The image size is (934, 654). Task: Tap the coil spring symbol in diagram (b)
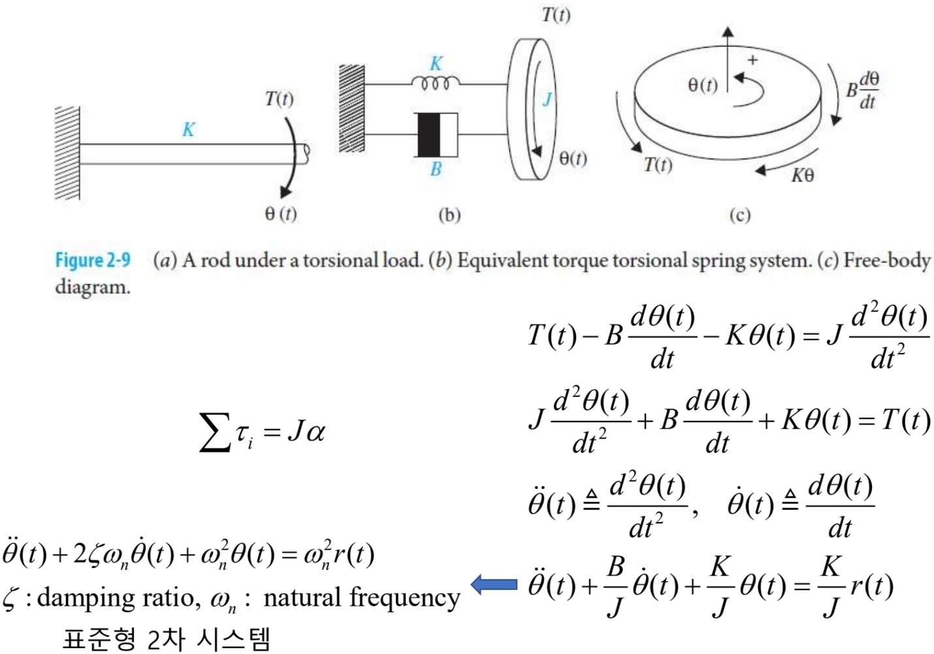tap(435, 84)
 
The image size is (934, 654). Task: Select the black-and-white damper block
tap(436, 134)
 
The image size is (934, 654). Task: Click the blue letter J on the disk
tap(547, 99)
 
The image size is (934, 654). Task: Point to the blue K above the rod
tap(188, 129)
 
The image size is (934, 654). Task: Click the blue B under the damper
tap(436, 169)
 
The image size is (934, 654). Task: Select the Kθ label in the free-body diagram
tap(803, 175)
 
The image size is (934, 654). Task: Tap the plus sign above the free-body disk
tap(753, 60)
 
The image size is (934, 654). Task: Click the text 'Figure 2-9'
tap(92, 260)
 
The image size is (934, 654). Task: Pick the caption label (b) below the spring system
tap(449, 215)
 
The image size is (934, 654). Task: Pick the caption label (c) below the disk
tap(739, 215)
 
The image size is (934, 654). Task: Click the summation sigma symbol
tap(214, 431)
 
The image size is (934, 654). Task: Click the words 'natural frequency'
tap(361, 598)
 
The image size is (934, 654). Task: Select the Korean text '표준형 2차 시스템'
tap(166, 638)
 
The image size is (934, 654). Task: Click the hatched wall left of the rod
tap(67, 153)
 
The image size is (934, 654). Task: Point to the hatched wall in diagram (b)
tap(352, 108)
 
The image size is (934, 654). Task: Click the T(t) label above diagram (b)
tap(556, 14)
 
